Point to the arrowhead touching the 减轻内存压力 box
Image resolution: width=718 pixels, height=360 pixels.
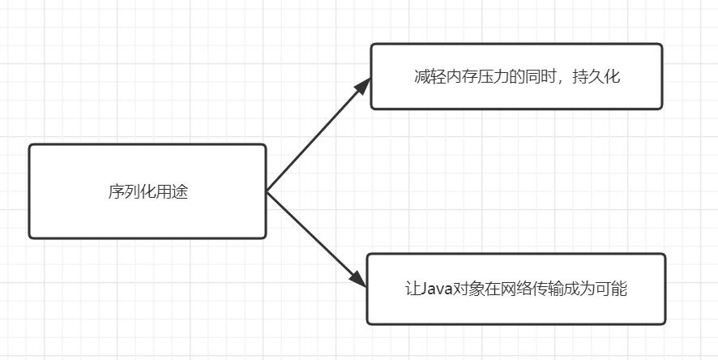tap(363, 84)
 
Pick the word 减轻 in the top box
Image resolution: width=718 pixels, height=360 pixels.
tap(430, 77)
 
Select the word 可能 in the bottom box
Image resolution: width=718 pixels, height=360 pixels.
tap(611, 289)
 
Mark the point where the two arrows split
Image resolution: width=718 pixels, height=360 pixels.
tap(267, 191)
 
